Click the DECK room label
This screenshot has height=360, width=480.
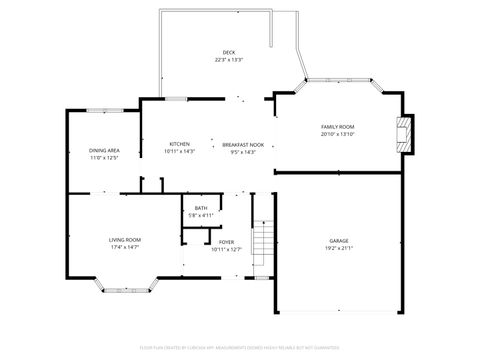229,52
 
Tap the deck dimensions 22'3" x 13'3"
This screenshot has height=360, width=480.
229,60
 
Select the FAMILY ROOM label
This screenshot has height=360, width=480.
337,127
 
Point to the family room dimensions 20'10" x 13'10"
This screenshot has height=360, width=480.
337,135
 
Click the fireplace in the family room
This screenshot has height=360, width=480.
403,134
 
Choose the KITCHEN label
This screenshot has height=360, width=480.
179,144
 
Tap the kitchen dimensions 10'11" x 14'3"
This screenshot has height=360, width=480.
179,152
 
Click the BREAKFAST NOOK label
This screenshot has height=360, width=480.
243,145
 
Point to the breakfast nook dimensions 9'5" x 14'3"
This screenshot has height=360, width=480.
243,153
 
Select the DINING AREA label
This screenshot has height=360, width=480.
104,150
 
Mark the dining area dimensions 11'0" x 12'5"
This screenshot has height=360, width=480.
104,158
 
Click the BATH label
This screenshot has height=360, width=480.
201,208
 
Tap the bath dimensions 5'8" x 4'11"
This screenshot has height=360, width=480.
201,215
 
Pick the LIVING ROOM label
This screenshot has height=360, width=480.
125,239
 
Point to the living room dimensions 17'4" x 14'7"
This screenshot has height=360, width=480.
125,247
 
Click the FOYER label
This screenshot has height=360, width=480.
226,241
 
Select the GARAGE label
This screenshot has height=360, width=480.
339,241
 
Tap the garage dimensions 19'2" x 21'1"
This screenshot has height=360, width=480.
339,249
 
